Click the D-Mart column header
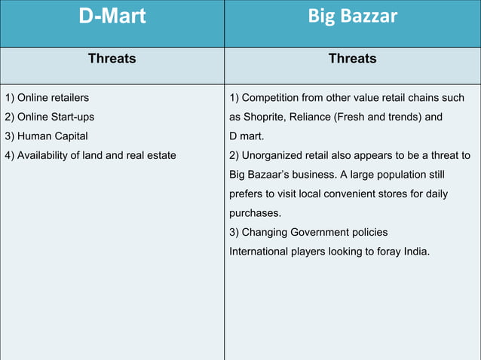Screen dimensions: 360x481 point(112,17)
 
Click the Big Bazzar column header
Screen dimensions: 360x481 point(352,17)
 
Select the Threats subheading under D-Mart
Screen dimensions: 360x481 point(112,58)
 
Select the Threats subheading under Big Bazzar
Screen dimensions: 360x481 point(352,58)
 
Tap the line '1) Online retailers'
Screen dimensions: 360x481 point(47,98)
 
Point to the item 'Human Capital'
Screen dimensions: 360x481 point(53,136)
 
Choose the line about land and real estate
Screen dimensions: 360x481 point(90,155)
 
